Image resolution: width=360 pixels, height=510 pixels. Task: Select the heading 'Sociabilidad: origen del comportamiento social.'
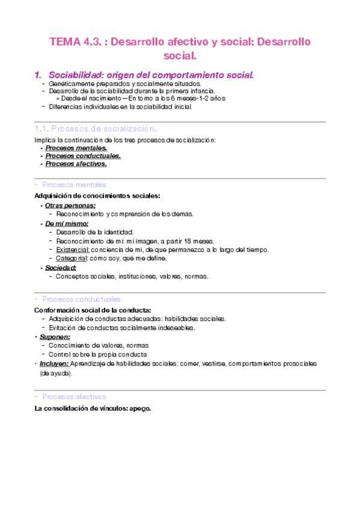[x=151, y=75]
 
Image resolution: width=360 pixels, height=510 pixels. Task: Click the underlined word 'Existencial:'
[x=73, y=250]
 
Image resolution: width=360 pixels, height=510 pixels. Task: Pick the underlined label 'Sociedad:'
[x=61, y=268]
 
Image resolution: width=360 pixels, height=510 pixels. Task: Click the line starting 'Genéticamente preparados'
[x=124, y=84]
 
